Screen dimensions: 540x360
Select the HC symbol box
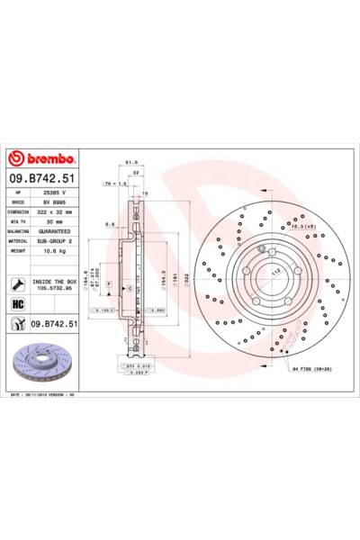point(18,304)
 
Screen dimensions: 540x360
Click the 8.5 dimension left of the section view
point(107,224)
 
